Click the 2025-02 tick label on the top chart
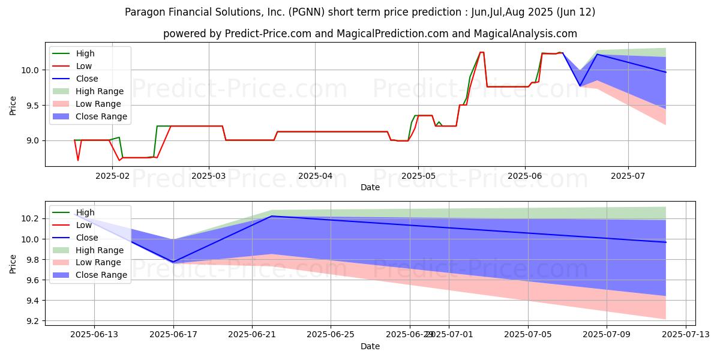pos(113,176)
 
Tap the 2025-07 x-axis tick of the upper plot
pos(628,176)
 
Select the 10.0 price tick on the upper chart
pos(29,70)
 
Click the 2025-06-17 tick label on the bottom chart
pos(173,335)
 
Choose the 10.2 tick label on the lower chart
pos(31,218)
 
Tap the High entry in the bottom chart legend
pos(85,212)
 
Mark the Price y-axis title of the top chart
pos(13,106)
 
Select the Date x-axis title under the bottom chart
pos(370,346)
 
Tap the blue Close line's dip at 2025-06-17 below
pos(173,262)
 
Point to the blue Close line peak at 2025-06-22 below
pos(272,216)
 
